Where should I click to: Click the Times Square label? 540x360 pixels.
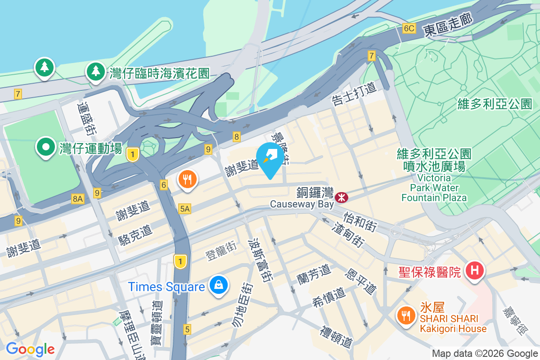click(166, 287)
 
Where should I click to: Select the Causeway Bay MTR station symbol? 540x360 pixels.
click(341, 197)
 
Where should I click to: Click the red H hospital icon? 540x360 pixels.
click(474, 271)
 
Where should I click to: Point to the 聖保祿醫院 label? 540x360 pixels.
click(430, 272)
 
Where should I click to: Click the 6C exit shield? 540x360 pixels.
click(409, 29)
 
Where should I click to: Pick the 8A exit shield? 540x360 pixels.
click(77, 198)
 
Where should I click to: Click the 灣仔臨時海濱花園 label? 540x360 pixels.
click(159, 73)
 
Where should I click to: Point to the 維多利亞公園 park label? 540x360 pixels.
click(495, 104)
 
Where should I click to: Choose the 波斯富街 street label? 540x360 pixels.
click(261, 260)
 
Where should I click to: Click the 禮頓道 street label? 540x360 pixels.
click(336, 337)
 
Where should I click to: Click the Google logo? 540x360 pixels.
click(30, 349)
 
